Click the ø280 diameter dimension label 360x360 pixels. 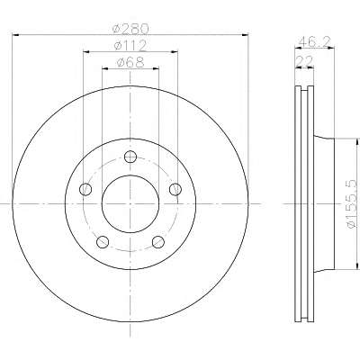click(x=130, y=29)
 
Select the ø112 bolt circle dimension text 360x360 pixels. click(x=130, y=46)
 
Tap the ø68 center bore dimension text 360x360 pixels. click(x=130, y=62)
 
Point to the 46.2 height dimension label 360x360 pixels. click(x=315, y=41)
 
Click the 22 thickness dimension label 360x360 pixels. click(x=304, y=61)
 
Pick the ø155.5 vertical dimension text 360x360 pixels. click(x=353, y=203)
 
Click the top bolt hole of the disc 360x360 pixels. click(x=130, y=157)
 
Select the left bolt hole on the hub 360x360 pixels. click(x=85, y=189)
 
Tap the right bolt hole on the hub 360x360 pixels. click(x=175, y=189)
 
